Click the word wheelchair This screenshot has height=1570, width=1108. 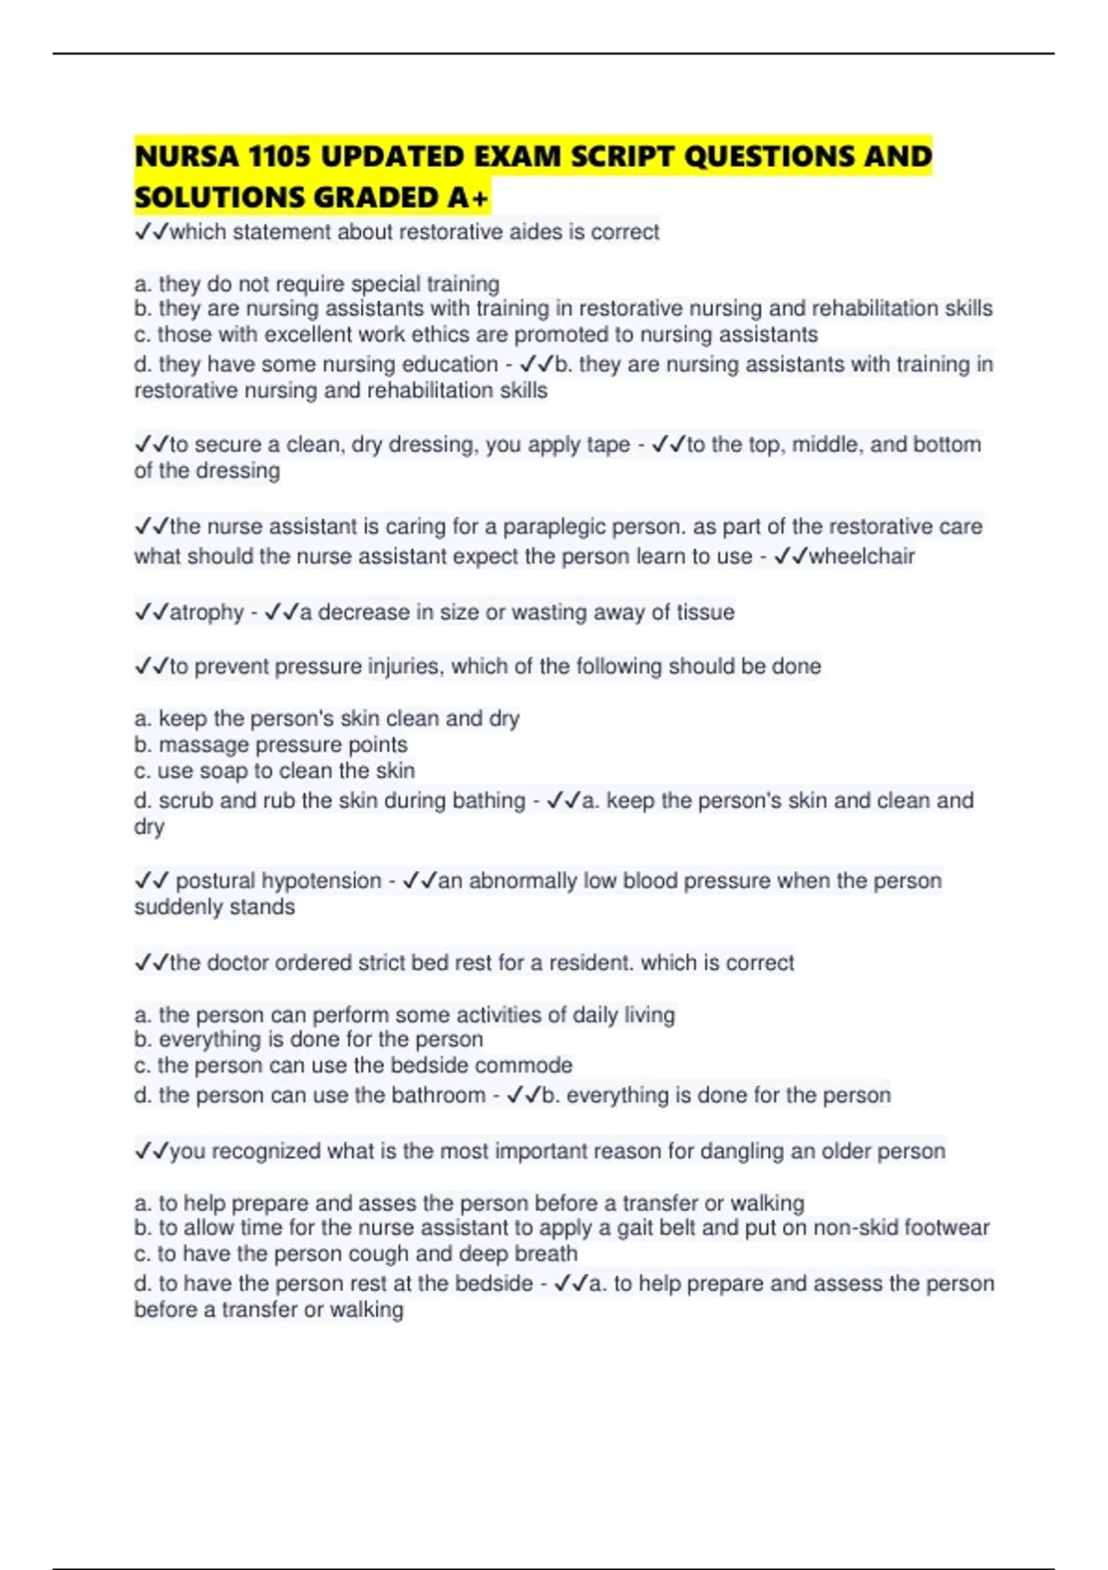pos(861,556)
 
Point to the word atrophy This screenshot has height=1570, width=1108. pos(207,612)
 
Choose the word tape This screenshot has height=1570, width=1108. pos(608,445)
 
